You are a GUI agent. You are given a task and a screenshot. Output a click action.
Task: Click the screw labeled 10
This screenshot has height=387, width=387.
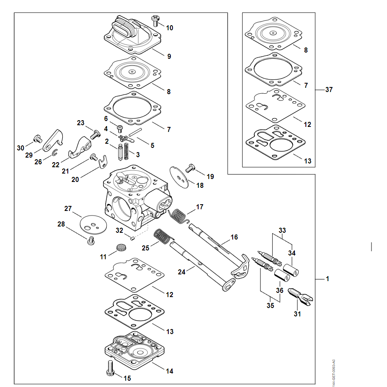[x=156, y=20]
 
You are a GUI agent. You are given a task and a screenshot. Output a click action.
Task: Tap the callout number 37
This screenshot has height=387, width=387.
[x=329, y=90]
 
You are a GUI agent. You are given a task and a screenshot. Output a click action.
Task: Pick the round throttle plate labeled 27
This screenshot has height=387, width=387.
[x=93, y=223]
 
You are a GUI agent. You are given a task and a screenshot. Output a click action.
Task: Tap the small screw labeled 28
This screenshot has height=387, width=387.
[x=90, y=240]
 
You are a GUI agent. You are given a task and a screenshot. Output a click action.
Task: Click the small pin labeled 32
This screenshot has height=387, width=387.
[x=132, y=238]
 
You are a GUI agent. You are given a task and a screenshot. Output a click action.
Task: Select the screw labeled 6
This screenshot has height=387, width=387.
[x=120, y=128]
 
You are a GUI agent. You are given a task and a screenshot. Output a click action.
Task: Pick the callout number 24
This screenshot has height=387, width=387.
[x=181, y=272]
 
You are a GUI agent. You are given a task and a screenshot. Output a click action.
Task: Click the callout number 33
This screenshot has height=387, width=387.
[x=282, y=230]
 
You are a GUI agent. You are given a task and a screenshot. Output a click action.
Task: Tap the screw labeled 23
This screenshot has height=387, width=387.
[x=95, y=134]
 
